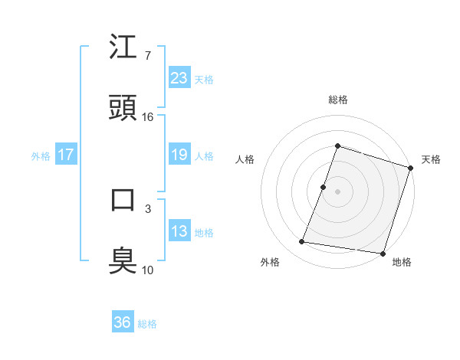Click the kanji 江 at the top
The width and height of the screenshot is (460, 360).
tap(123, 47)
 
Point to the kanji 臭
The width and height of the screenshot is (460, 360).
tap(123, 260)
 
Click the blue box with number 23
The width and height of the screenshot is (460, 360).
tap(179, 77)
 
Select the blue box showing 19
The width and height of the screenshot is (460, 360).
tap(179, 155)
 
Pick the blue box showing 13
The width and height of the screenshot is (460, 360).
tap(179, 231)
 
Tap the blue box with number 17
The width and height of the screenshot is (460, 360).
tap(66, 155)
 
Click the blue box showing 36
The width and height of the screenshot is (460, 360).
tap(123, 322)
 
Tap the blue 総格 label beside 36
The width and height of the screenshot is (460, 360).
tap(148, 324)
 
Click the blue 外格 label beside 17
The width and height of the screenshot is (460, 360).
tap(41, 156)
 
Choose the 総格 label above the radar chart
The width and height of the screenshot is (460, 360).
tap(338, 100)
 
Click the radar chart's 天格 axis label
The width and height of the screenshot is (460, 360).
tap(432, 159)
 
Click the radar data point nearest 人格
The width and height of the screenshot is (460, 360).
tap(324, 187)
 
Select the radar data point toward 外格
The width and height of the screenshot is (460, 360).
tap(302, 242)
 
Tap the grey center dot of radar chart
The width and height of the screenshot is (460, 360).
tap(338, 191)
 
